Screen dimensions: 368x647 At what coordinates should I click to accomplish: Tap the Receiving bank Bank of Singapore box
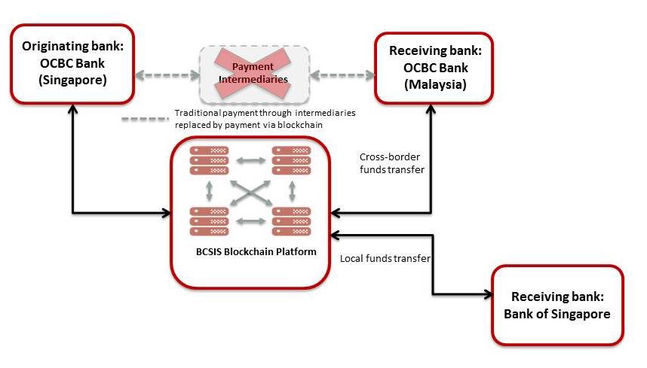click(x=557, y=305)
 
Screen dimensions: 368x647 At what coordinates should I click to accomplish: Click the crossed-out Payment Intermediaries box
click(x=253, y=74)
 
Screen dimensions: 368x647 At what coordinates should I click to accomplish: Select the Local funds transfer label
click(x=385, y=258)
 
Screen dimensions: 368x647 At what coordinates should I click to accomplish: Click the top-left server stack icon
click(x=209, y=160)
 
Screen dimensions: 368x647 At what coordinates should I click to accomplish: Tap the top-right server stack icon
click(x=291, y=160)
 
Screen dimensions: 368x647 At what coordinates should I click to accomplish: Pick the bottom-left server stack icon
click(x=209, y=221)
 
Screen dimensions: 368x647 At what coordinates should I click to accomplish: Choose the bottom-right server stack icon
click(x=291, y=221)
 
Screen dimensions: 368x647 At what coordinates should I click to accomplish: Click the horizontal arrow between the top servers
click(x=250, y=160)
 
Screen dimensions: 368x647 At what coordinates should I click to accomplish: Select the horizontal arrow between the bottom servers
click(x=250, y=221)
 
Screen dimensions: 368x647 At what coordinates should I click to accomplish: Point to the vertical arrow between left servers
click(x=209, y=190)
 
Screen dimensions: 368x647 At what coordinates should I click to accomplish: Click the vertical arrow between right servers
click(x=291, y=190)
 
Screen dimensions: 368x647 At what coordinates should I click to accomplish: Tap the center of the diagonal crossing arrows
click(x=250, y=190)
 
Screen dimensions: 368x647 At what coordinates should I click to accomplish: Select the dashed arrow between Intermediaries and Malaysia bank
click(x=342, y=75)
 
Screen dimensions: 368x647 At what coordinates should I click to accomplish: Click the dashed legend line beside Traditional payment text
click(x=145, y=118)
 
